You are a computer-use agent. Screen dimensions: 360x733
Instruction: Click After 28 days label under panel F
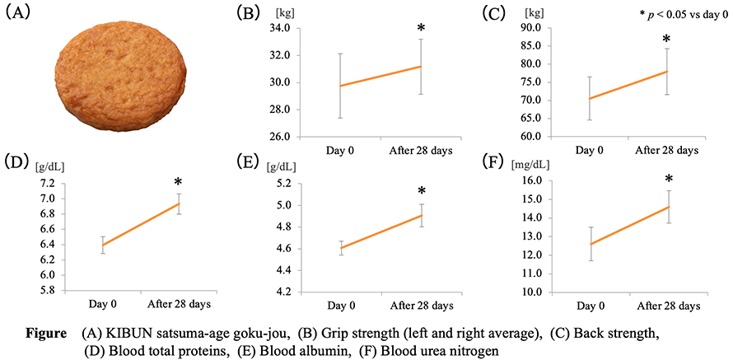pos(668,306)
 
